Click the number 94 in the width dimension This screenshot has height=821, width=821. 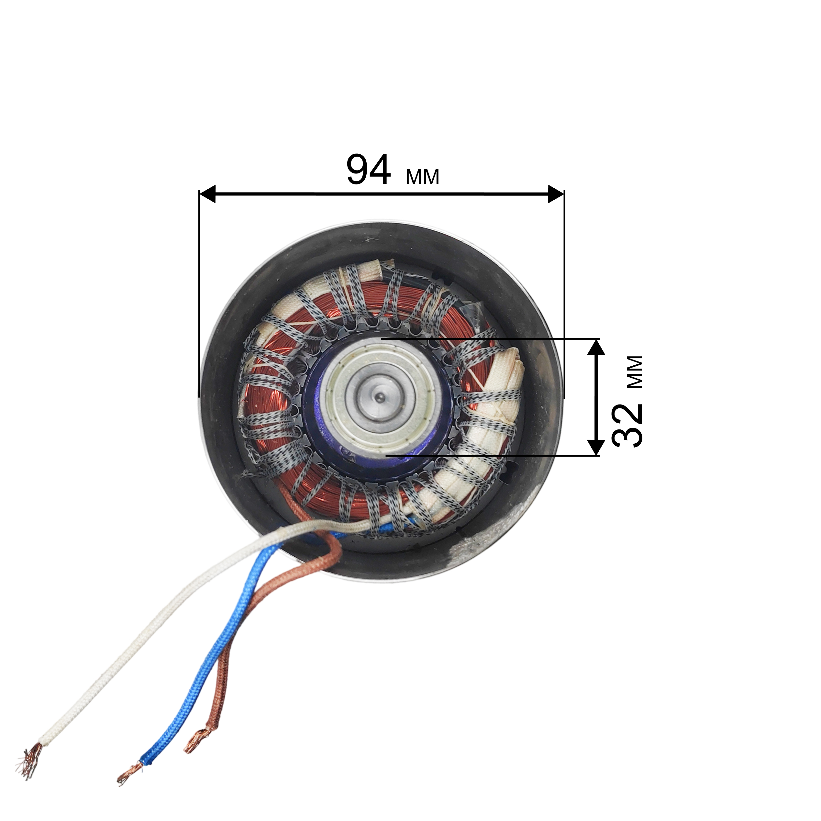368,170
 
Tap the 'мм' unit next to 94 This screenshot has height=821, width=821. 422,177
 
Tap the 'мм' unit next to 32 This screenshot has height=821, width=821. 635,372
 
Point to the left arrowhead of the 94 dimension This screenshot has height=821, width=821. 207,194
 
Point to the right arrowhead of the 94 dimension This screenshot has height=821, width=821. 556,194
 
